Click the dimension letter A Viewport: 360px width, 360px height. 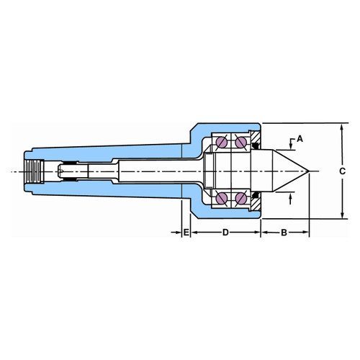point(300,139)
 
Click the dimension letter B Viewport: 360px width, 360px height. point(284,233)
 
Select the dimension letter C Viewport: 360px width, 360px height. point(342,171)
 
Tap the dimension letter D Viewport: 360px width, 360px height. point(225,233)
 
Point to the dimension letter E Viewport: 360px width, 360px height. point(186,233)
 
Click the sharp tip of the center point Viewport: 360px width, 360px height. point(309,171)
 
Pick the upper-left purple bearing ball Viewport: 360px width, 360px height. point(222,143)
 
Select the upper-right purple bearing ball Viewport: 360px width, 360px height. point(240,143)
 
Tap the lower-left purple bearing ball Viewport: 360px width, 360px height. point(222,198)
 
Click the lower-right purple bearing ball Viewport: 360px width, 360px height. point(240,198)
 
